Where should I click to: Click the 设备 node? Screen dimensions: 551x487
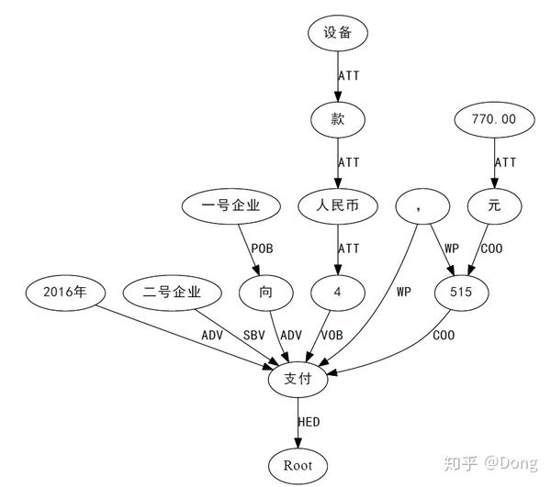338,34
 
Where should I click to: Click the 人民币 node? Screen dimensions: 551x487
338,205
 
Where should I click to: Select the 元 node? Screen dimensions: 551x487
494,205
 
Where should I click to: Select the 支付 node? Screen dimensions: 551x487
298,378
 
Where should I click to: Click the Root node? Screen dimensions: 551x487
298,464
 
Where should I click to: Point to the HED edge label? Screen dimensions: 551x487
309,422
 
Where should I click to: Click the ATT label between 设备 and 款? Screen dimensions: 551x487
350,75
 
